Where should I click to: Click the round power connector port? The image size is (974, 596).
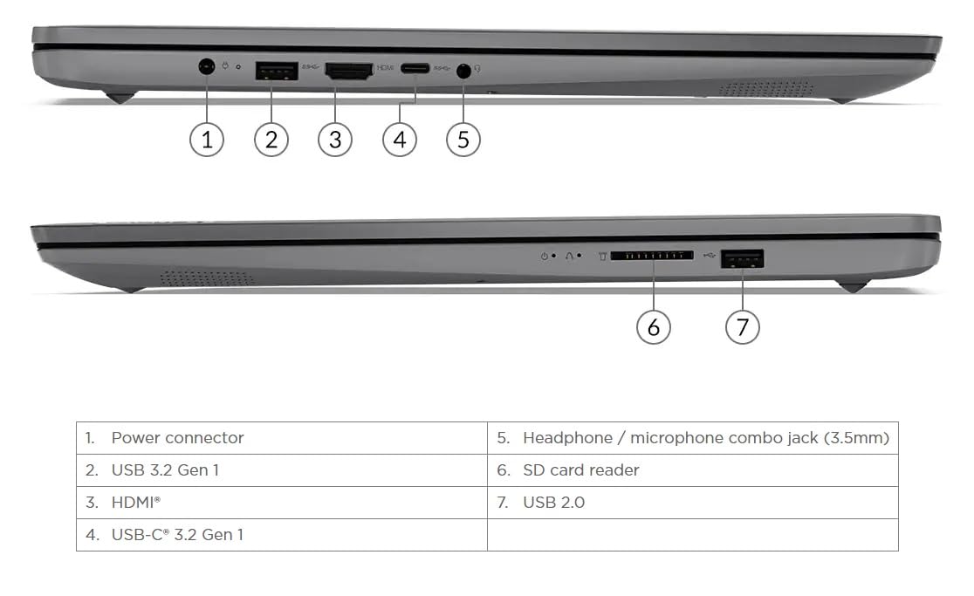[x=207, y=65]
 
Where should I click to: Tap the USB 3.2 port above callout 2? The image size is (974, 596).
[x=277, y=71]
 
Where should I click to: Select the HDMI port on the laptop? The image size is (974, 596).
[x=349, y=71]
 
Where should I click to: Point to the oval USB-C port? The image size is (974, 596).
[x=415, y=68]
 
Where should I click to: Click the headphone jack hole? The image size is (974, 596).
[x=463, y=72]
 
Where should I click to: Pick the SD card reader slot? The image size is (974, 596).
[x=652, y=255]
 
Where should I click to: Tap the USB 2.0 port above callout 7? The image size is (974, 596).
[x=743, y=258]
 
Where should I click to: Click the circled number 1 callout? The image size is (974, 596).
[x=207, y=140]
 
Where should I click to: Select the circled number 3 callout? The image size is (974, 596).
[x=335, y=140]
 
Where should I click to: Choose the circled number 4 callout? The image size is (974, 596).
[x=400, y=140]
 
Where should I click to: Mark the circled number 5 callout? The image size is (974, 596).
[x=463, y=140]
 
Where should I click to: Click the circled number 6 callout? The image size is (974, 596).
[x=654, y=327]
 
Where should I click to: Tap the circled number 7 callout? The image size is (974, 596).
[x=743, y=327]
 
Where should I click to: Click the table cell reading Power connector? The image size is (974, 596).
[x=282, y=438]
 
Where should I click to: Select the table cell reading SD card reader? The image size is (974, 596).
[x=693, y=470]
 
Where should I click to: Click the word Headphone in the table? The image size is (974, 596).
[x=568, y=438]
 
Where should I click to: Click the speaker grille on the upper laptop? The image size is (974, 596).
[x=766, y=88]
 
